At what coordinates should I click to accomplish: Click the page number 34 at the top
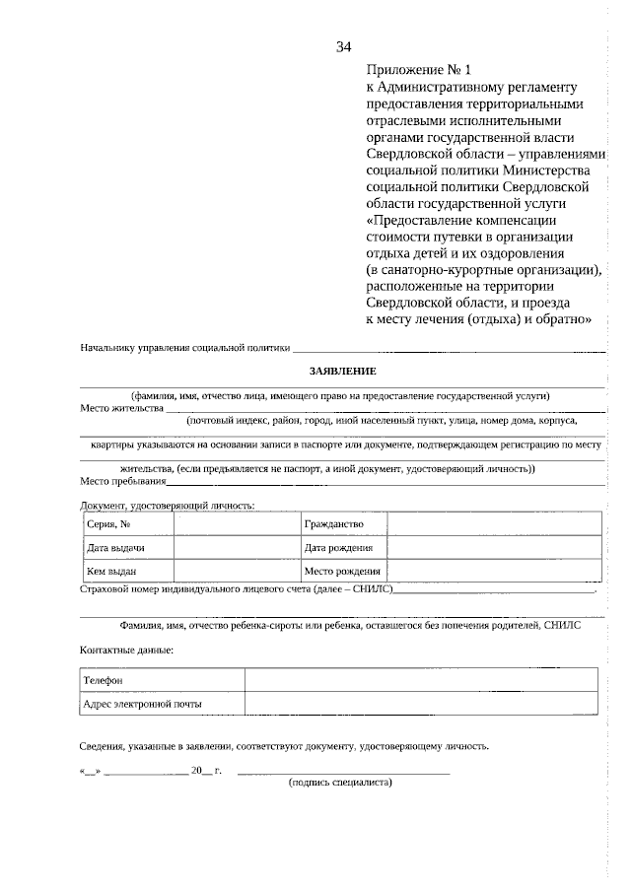(x=344, y=46)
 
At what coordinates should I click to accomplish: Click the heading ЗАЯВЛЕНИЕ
(x=343, y=370)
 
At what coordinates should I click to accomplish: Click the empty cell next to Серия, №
(x=237, y=523)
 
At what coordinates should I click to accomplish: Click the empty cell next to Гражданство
(x=492, y=523)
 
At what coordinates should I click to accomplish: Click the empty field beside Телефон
(x=420, y=680)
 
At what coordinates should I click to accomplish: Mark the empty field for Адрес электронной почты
(x=420, y=703)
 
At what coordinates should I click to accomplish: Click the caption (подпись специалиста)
(x=340, y=783)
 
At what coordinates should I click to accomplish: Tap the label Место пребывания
(x=123, y=482)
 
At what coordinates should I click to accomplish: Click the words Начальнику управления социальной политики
(x=185, y=347)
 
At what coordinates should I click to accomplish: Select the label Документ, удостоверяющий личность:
(x=167, y=505)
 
